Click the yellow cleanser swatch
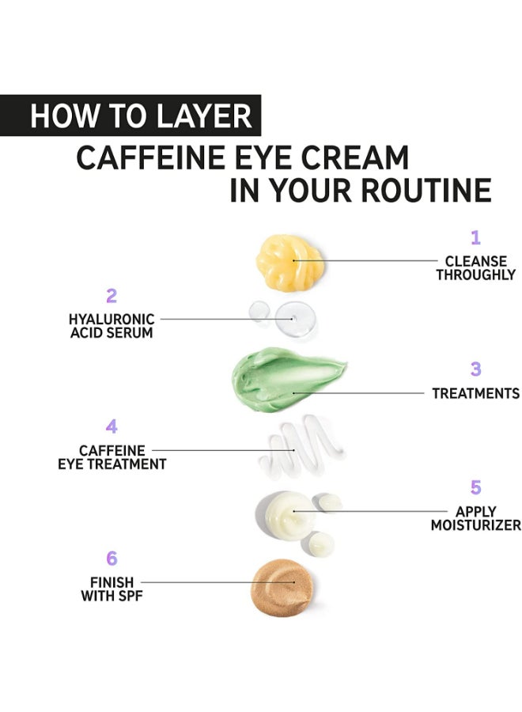tap(290, 259)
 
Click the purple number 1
tap(475, 237)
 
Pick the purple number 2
tap(111, 296)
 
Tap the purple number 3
tap(475, 369)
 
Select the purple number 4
tap(112, 427)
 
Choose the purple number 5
tap(475, 487)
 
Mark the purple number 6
tap(112, 559)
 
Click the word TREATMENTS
tap(475, 393)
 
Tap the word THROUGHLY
tap(475, 275)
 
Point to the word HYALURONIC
tap(111, 319)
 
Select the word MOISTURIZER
tap(475, 525)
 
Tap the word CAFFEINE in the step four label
tap(112, 451)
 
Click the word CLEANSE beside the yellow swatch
tap(475, 261)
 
